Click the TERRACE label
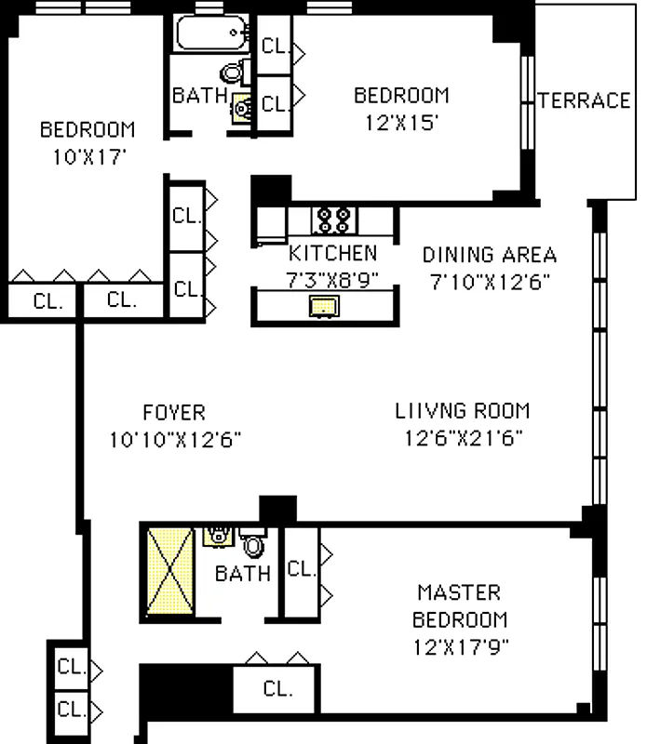tap(585, 100)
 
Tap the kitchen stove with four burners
tap(333, 219)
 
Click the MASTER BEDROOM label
tap(460, 605)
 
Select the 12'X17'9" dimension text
tap(461, 644)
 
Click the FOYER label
tap(174, 412)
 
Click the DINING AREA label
tap(490, 255)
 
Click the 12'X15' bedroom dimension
tap(401, 122)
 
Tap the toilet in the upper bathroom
tap(233, 72)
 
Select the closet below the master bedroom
tap(276, 689)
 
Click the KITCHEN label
tap(332, 253)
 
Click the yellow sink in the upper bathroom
tap(240, 109)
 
